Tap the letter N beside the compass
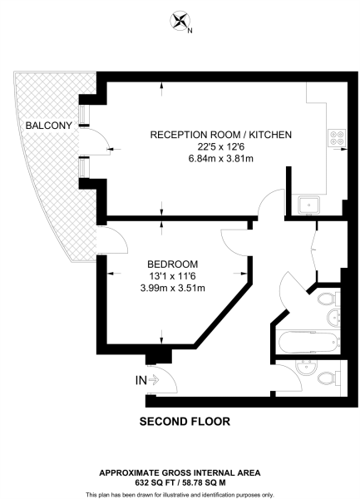click(190, 32)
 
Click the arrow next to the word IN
click(153, 380)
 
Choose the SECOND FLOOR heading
click(185, 422)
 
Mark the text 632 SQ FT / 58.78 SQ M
click(180, 480)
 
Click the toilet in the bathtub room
click(327, 300)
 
